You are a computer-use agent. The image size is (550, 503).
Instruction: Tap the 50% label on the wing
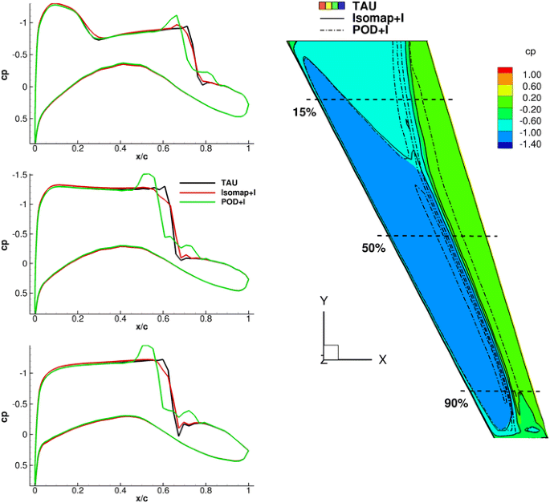coord(373,249)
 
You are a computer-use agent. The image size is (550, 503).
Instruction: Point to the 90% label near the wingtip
coord(455,403)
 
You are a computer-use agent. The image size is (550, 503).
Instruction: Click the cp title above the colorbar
coord(531,52)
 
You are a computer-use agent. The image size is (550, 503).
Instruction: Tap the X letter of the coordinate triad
coord(383,360)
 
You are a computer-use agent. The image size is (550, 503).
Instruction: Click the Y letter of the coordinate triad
coord(324,301)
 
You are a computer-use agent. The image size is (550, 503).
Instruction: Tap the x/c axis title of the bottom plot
coord(141,497)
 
